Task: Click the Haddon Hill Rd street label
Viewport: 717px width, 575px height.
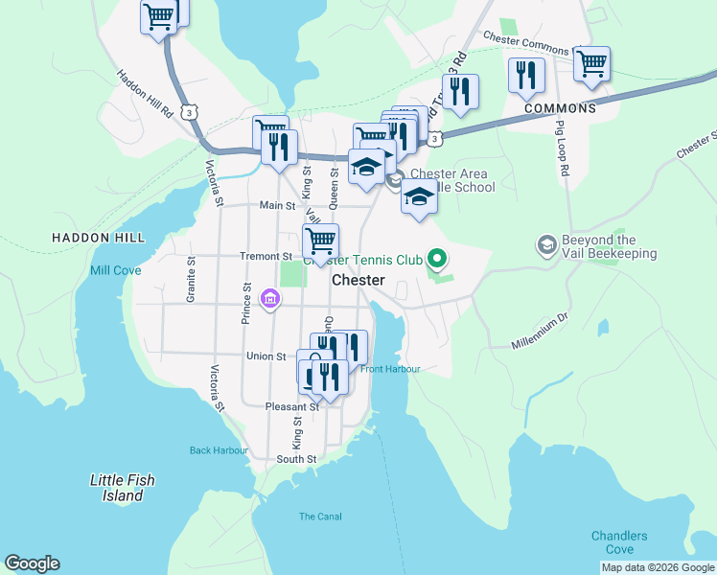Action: click(146, 94)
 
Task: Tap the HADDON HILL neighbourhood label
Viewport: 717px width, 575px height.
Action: click(100, 237)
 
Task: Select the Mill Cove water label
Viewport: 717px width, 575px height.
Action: click(116, 271)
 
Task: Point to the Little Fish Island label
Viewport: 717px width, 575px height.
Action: click(122, 488)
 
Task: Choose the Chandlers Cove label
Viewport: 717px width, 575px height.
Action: click(619, 542)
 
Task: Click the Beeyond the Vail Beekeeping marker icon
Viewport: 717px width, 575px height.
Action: click(546, 244)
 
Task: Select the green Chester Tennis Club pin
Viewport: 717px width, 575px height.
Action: click(437, 257)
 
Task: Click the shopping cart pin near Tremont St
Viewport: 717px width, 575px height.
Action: click(320, 240)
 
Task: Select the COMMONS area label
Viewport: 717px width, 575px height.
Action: click(560, 108)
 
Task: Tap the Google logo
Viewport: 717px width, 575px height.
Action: click(32, 563)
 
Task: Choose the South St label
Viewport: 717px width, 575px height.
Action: click(296, 460)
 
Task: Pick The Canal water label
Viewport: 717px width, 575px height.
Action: click(320, 517)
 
